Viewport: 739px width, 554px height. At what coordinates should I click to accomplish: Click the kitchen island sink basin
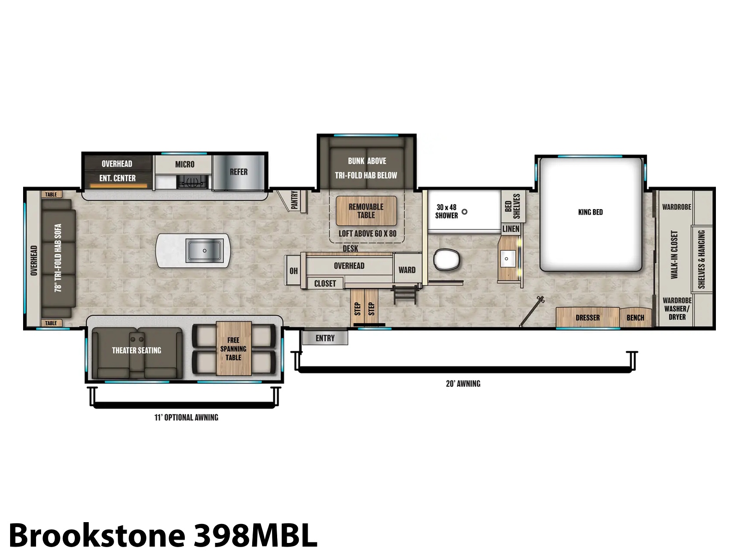pos(204,251)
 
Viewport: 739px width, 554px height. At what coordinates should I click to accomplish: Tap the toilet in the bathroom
pos(447,259)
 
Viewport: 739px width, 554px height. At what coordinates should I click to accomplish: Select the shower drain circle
pos(464,211)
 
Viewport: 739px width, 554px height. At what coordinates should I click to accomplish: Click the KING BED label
pos(590,212)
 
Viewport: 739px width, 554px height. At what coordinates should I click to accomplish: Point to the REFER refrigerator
pos(239,172)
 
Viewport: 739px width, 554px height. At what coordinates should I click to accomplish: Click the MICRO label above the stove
pos(184,164)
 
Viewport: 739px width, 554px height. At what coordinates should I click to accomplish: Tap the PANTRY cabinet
pos(294,201)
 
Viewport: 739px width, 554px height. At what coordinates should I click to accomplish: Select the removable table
pos(366,211)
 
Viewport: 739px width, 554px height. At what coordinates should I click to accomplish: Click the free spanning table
pos(233,349)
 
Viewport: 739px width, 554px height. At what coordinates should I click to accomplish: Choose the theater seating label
pos(136,350)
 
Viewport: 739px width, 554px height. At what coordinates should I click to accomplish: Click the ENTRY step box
pos(325,338)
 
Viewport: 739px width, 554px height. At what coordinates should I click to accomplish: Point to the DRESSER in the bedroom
pos(588,317)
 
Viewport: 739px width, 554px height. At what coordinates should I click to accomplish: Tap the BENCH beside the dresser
pos(635,317)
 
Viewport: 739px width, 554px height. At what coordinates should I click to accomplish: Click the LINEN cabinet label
pos(511,229)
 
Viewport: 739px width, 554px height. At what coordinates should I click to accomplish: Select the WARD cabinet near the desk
pos(407,270)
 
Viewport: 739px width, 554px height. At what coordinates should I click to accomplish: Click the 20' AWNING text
pos(463,384)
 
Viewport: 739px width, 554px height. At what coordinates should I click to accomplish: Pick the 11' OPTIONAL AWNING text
pos(186,417)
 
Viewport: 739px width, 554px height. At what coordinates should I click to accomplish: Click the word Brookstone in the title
pos(97,535)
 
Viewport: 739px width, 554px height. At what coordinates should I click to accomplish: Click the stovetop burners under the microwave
pos(192,182)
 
